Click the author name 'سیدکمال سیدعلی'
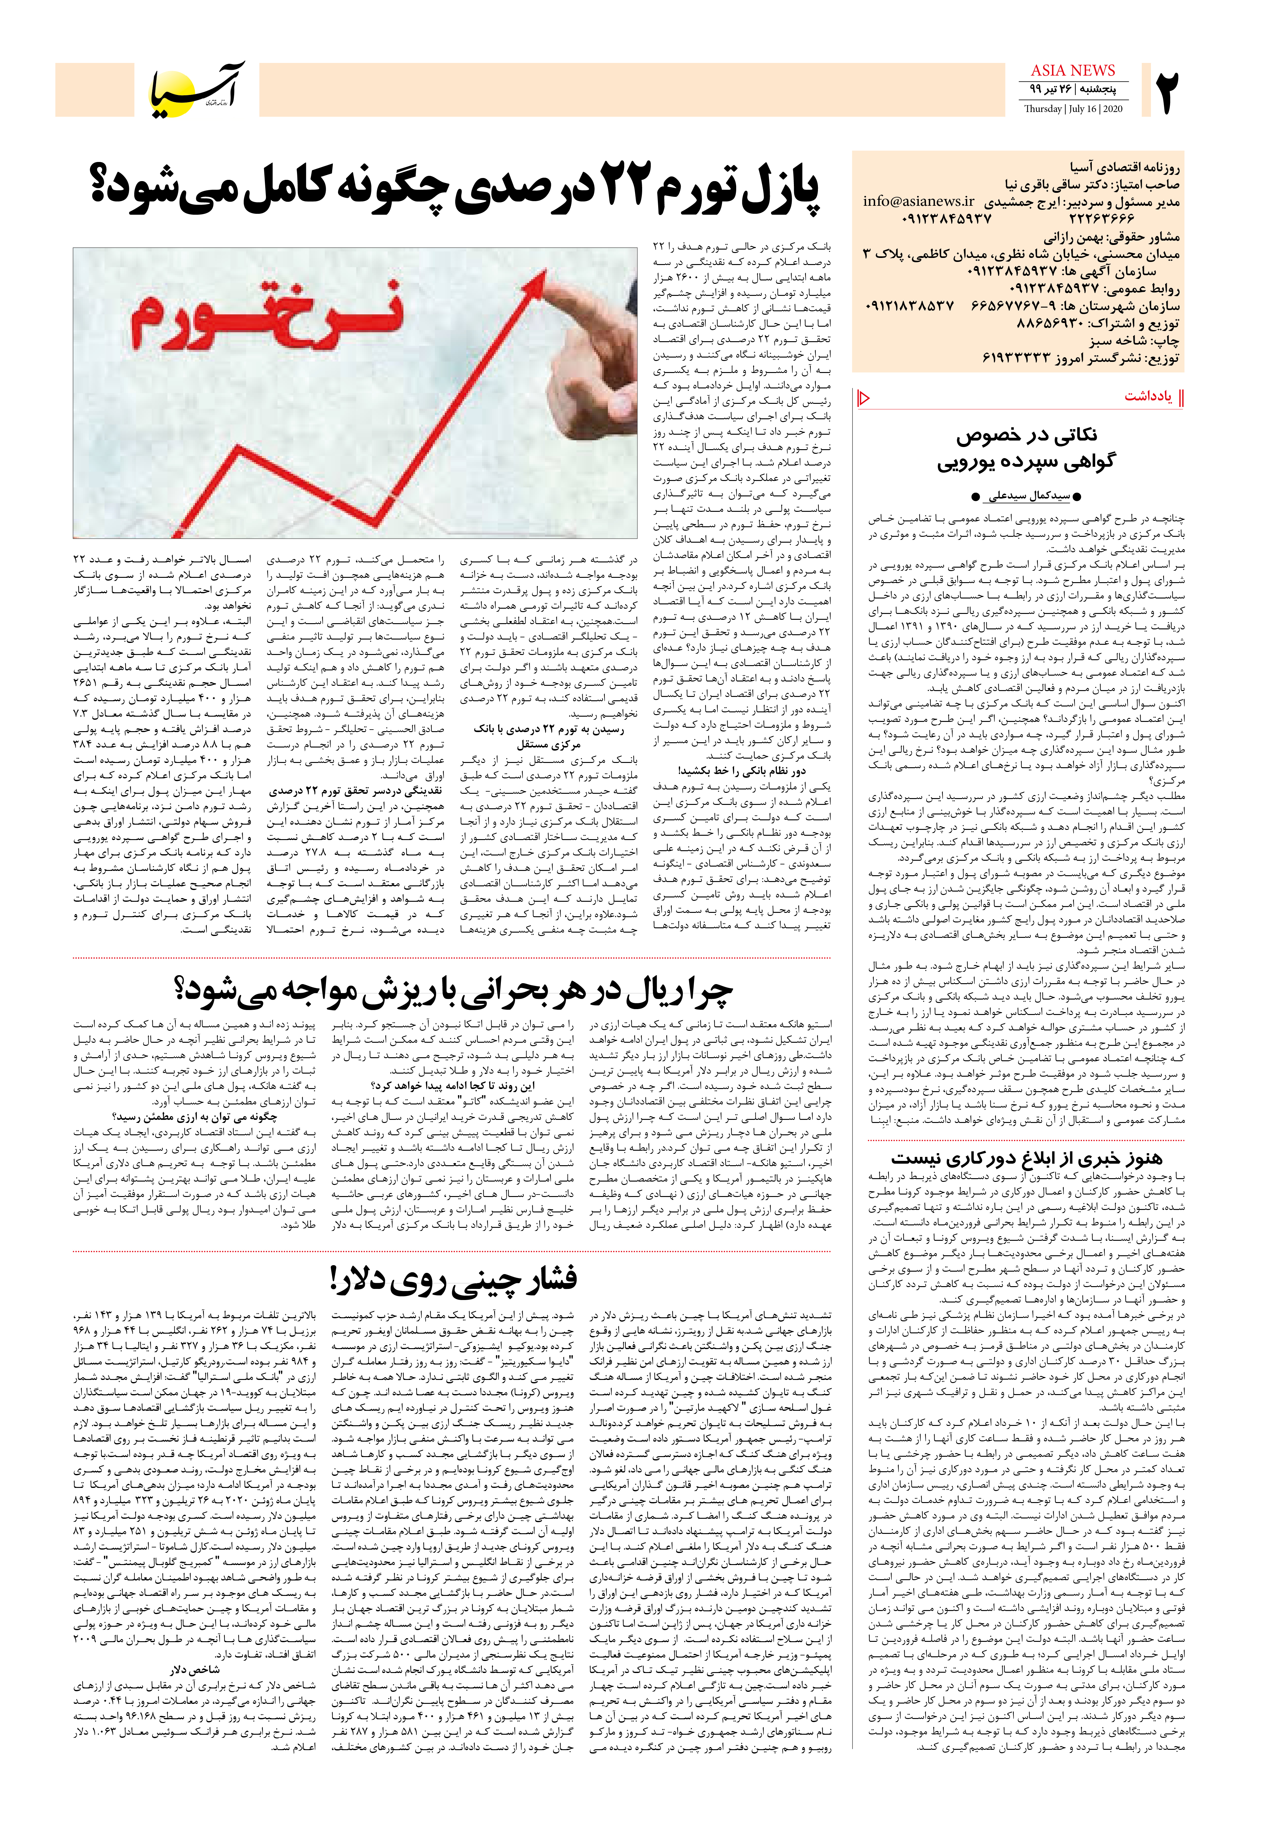[x=1029, y=496]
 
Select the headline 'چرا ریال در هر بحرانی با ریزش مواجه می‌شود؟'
[x=452, y=989]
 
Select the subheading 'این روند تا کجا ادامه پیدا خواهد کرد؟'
[x=452, y=1086]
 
